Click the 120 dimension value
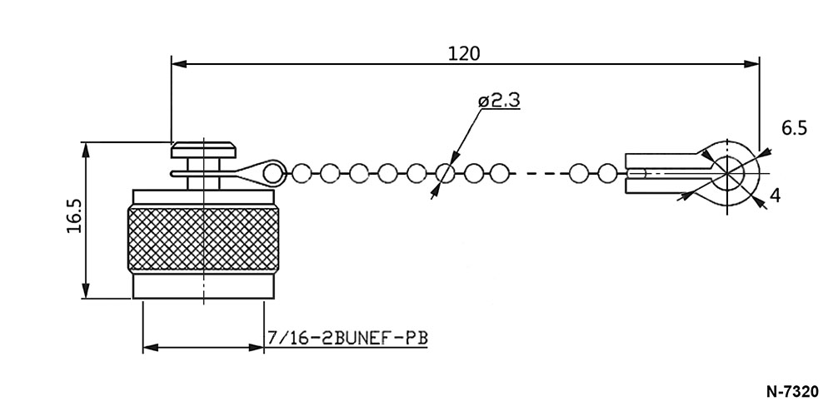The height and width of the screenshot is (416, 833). click(x=464, y=53)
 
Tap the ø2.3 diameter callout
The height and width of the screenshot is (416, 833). click(x=499, y=101)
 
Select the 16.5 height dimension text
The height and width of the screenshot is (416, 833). click(x=74, y=216)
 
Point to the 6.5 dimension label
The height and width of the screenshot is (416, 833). click(x=794, y=128)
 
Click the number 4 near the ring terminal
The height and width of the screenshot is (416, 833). click(x=775, y=196)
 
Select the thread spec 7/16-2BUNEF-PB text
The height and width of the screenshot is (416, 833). click(x=347, y=338)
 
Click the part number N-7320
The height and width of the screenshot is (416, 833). click(x=793, y=392)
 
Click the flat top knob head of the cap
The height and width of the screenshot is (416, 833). click(x=203, y=150)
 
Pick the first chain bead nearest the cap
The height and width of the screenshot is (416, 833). click(x=272, y=173)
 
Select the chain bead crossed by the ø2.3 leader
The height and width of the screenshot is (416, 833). click(x=445, y=173)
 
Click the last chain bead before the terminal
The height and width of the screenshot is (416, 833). click(x=606, y=173)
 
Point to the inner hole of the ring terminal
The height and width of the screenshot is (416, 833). click(x=727, y=173)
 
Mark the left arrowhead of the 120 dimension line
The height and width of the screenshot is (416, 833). click(x=179, y=64)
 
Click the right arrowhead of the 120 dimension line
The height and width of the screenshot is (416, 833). click(x=751, y=64)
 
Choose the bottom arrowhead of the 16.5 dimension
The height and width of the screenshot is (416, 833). click(x=86, y=290)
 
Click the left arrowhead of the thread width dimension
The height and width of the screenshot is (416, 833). click(x=151, y=348)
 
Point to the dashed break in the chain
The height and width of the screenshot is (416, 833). click(x=539, y=173)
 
